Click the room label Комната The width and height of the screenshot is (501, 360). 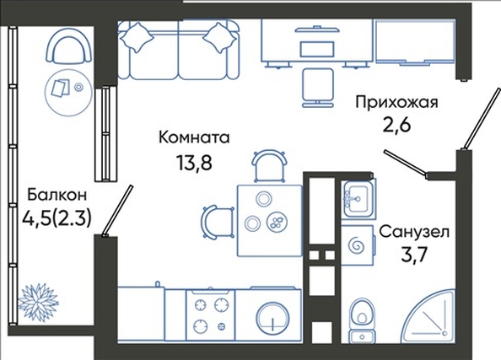pyautogui.click(x=194, y=137)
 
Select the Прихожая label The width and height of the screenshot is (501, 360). pyautogui.click(x=396, y=103)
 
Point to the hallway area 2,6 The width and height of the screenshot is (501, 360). pyautogui.click(x=396, y=125)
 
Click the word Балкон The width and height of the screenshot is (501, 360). pyautogui.click(x=57, y=195)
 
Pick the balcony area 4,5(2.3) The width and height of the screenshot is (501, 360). pyautogui.click(x=57, y=219)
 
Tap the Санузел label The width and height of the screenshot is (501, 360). pyautogui.click(x=414, y=232)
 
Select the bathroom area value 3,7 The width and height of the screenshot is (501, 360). pyautogui.click(x=414, y=255)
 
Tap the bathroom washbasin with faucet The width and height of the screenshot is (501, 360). pyautogui.click(x=358, y=198)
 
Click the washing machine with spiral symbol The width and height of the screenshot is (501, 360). pyautogui.click(x=357, y=245)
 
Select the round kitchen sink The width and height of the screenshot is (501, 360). pyautogui.click(x=273, y=318)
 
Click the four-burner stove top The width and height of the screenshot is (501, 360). pyautogui.click(x=210, y=315)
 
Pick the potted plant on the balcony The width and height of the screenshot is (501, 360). pyautogui.click(x=38, y=299)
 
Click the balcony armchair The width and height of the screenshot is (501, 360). pyautogui.click(x=68, y=48)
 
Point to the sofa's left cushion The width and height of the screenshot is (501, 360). pyautogui.click(x=137, y=37)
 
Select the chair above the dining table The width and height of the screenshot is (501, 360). pyautogui.click(x=269, y=166)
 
